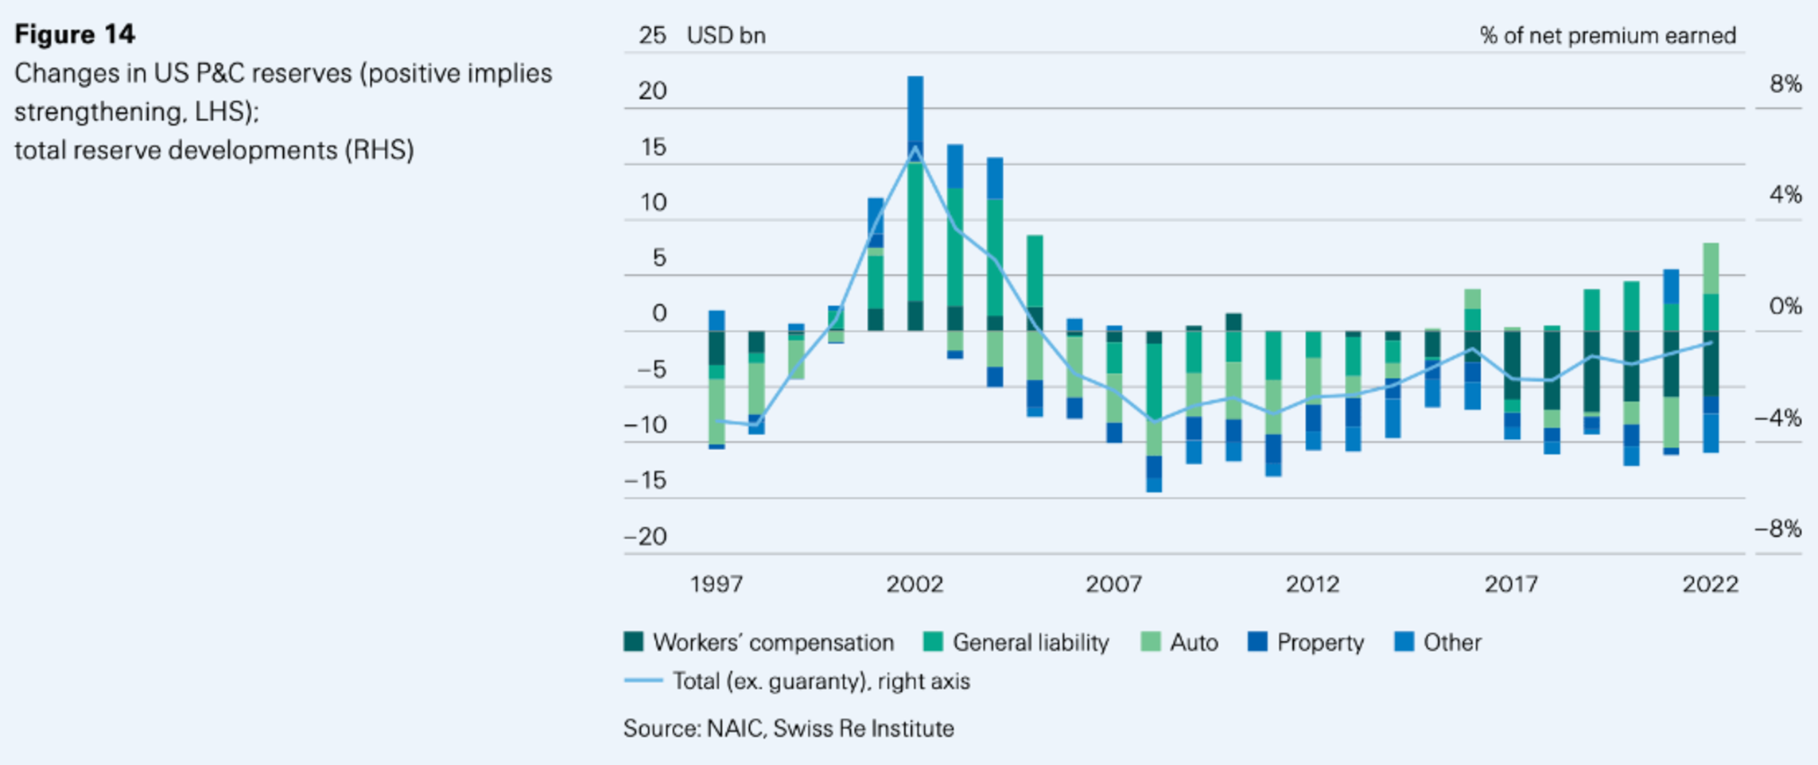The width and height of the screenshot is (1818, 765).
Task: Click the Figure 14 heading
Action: click(x=75, y=34)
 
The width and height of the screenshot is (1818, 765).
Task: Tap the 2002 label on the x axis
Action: click(x=915, y=584)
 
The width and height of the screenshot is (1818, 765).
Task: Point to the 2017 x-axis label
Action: click(x=1511, y=584)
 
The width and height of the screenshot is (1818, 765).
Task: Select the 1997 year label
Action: click(x=717, y=584)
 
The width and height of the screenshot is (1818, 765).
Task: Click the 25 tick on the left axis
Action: click(x=652, y=35)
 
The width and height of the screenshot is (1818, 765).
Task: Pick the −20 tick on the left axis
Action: click(x=647, y=536)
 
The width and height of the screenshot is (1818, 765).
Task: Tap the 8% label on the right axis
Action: click(x=1785, y=83)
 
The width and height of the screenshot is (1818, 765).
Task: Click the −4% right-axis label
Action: click(x=1779, y=417)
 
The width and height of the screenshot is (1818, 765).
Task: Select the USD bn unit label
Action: click(x=726, y=36)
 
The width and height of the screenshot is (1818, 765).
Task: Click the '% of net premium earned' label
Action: click(x=1607, y=36)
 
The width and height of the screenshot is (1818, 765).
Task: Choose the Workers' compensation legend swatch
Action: click(x=634, y=642)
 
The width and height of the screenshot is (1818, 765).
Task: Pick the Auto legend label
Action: click(x=1194, y=642)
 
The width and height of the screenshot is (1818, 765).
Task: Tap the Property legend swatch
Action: click(x=1258, y=642)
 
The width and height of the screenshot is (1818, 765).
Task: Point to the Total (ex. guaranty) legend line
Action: click(x=643, y=681)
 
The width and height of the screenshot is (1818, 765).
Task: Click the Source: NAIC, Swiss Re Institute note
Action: click(x=788, y=728)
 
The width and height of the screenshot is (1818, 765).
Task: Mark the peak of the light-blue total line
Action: click(x=915, y=148)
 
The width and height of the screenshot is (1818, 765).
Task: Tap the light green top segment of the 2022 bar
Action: click(x=1711, y=268)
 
